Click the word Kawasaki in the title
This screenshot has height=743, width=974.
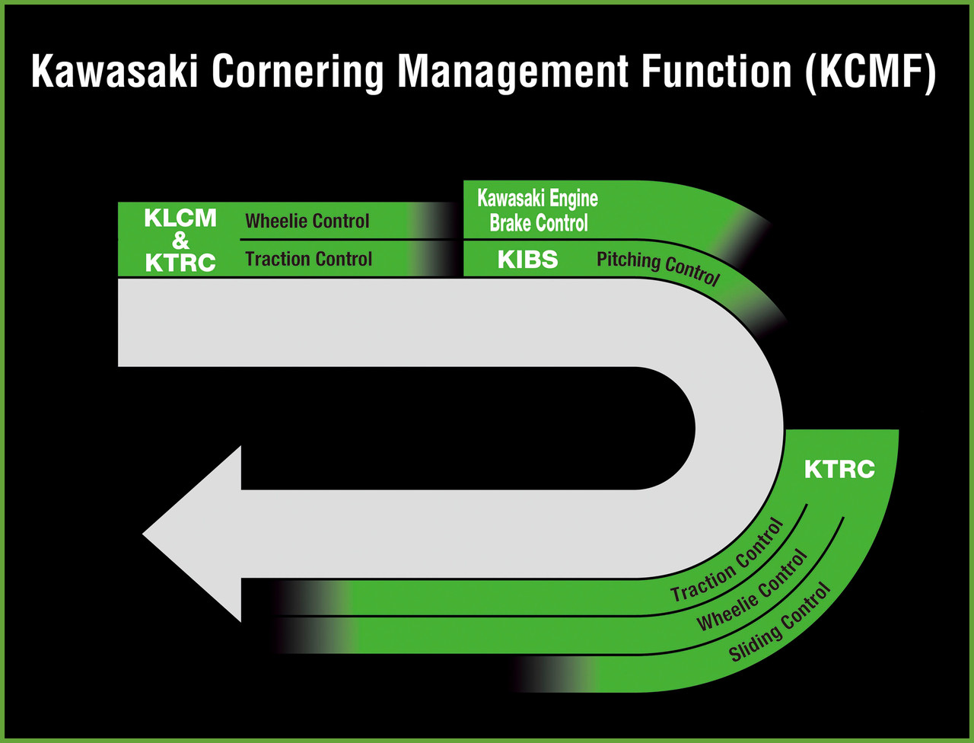114,72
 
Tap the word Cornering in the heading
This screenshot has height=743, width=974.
298,73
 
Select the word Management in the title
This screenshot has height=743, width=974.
513,73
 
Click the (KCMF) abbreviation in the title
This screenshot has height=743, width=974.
871,73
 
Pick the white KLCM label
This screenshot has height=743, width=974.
180,218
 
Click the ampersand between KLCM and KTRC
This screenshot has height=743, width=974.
180,241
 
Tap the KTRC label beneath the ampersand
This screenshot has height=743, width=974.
180,263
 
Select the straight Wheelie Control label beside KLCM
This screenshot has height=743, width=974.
307,221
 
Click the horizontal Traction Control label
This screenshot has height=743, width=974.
308,259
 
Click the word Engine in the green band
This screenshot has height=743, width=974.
572,199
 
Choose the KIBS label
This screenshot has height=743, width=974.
527,259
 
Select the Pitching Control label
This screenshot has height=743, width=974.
657,269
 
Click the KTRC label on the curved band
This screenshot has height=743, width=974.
839,469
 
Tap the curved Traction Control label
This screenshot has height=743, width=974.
727,560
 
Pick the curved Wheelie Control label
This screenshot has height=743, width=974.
752,590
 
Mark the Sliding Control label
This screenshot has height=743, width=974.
780,622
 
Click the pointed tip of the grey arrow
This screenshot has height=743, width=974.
143,534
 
